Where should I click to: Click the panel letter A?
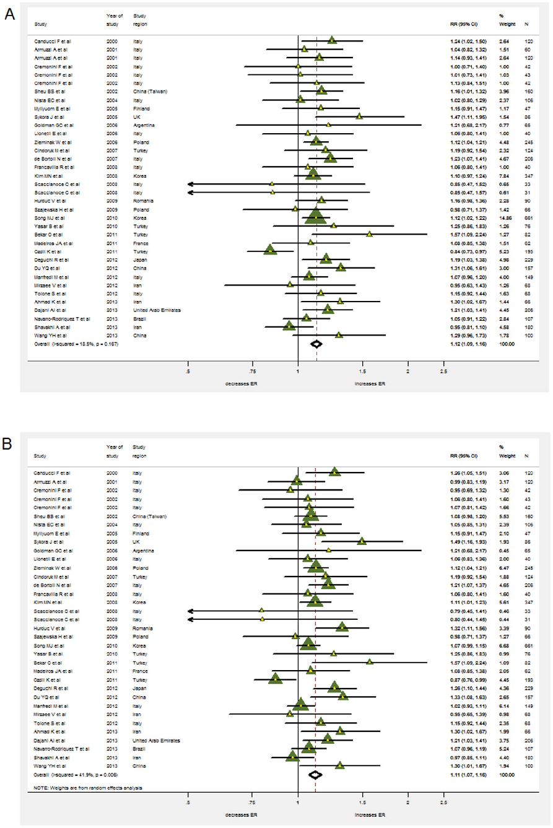10,14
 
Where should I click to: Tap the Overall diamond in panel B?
315,774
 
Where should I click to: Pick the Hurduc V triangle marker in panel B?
341,627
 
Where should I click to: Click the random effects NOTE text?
88,787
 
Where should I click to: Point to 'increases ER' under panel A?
369,383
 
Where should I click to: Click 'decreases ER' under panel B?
240,814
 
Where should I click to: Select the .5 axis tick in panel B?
188,803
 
